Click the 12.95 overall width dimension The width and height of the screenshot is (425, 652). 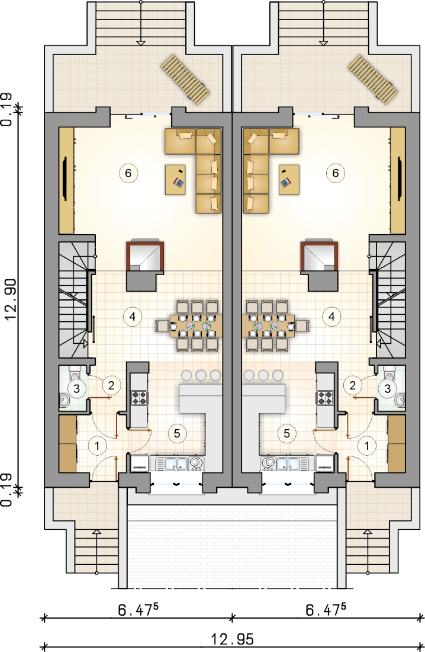click(x=232, y=639)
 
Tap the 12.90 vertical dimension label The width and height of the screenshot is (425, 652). click(x=11, y=299)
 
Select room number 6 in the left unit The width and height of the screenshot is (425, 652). click(x=128, y=172)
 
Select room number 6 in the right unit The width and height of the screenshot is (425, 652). click(x=335, y=172)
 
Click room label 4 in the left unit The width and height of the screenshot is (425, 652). click(x=132, y=317)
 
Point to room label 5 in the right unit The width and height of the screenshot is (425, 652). click(x=286, y=433)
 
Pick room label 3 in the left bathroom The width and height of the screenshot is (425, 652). click(x=76, y=389)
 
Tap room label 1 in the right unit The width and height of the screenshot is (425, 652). click(x=366, y=446)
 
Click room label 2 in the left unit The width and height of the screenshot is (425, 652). click(x=111, y=385)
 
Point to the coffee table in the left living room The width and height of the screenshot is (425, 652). click(x=179, y=180)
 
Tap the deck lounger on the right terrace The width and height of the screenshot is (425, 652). click(x=372, y=79)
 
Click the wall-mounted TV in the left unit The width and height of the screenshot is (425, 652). click(x=65, y=179)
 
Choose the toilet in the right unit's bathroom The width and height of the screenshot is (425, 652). click(x=389, y=373)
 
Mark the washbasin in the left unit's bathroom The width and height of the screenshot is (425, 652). click(x=65, y=400)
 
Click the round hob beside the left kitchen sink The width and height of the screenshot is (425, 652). click(x=195, y=462)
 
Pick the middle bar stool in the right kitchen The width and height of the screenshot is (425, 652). click(x=263, y=375)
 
